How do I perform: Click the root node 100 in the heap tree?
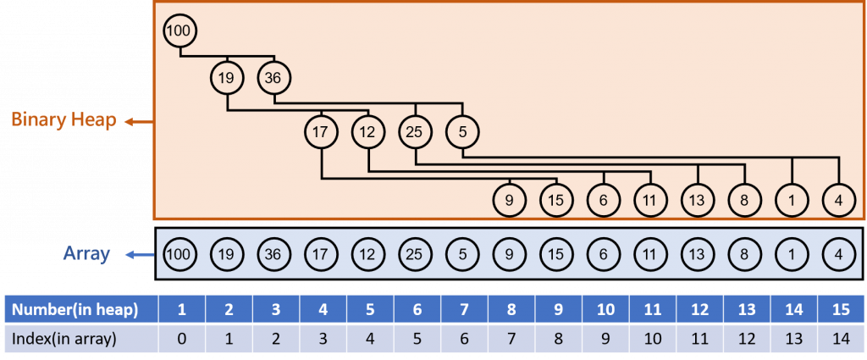click(179, 31)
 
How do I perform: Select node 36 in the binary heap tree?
click(273, 78)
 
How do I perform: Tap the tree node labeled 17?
click(321, 131)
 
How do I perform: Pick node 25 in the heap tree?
click(415, 131)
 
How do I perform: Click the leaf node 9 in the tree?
click(509, 202)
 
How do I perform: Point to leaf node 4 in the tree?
click(837, 202)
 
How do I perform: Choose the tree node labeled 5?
click(462, 131)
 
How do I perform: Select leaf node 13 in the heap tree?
click(697, 202)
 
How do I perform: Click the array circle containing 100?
click(179, 254)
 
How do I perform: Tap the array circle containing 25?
click(415, 254)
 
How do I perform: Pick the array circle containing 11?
click(649, 254)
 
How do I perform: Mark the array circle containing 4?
click(837, 254)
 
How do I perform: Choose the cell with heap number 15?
click(837, 309)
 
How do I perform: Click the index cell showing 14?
click(837, 339)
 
